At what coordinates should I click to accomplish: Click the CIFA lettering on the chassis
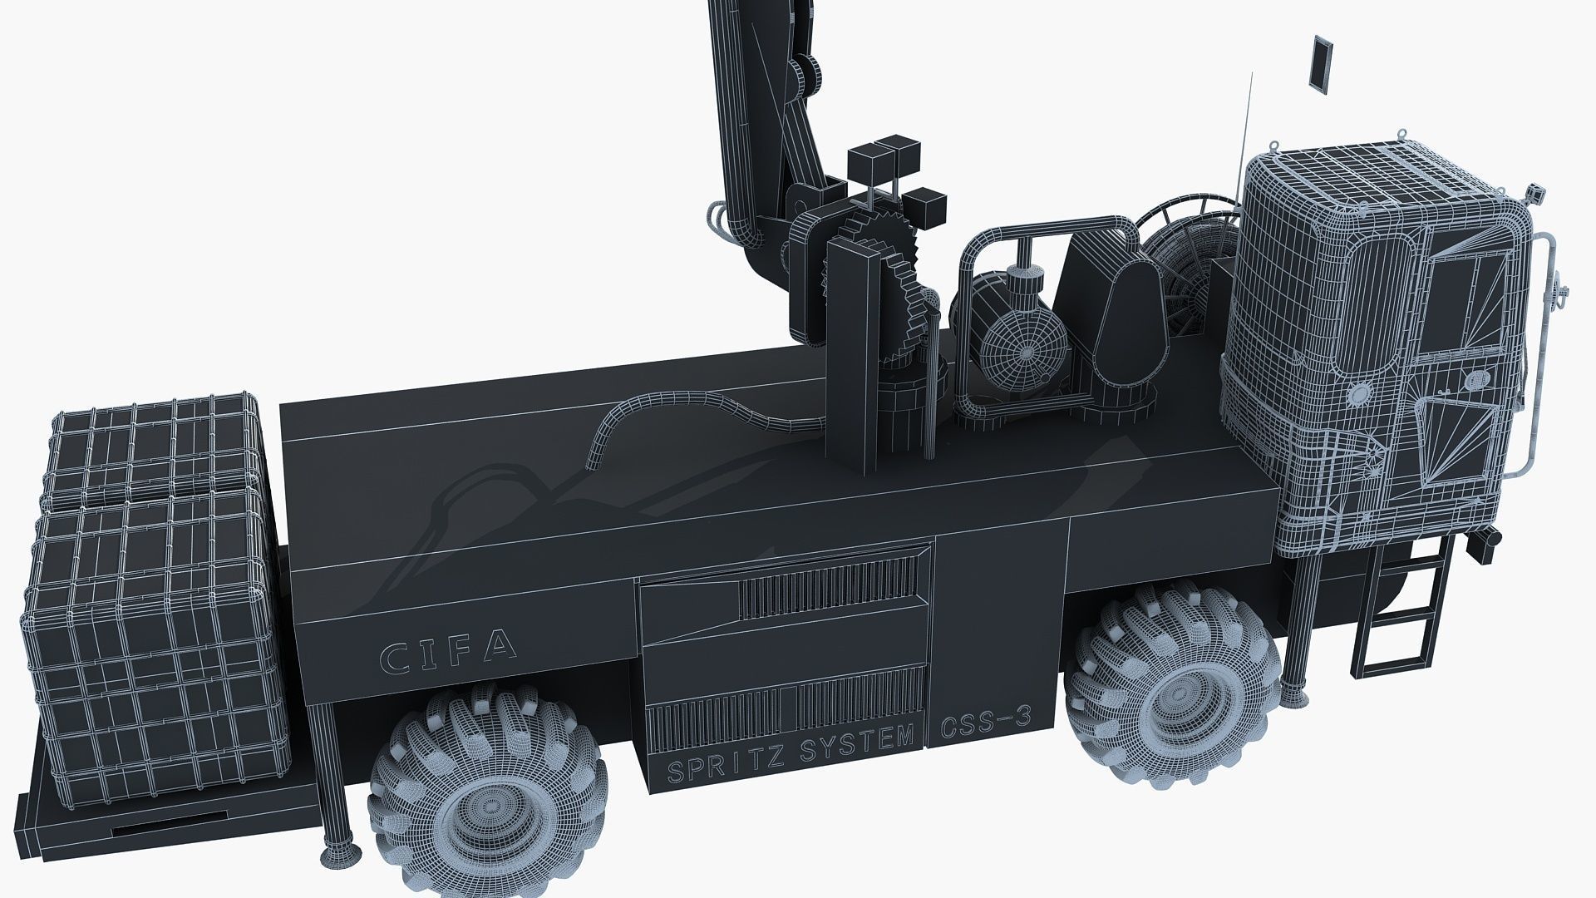pyautogui.click(x=448, y=651)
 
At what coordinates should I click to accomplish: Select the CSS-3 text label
pyautogui.click(x=985, y=725)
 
